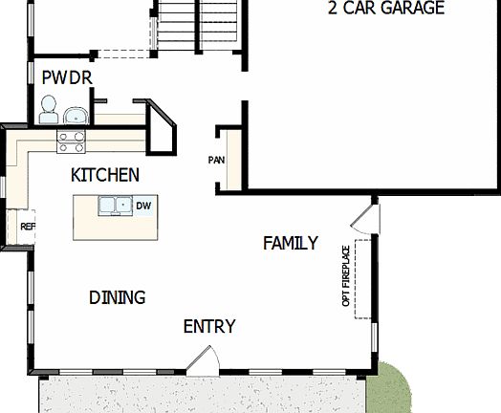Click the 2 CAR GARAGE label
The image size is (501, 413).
385,9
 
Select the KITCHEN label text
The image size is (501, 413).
105,175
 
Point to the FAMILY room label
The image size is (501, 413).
291,243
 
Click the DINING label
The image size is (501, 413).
117,297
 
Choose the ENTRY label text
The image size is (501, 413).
208,327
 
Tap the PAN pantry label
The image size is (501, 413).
216,160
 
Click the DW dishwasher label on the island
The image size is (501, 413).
143,206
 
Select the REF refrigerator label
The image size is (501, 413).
27,227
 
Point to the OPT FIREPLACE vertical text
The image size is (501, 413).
346,277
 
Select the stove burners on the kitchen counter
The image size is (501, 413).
71,141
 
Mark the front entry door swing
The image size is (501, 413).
205,359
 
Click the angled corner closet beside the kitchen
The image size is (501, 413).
160,126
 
